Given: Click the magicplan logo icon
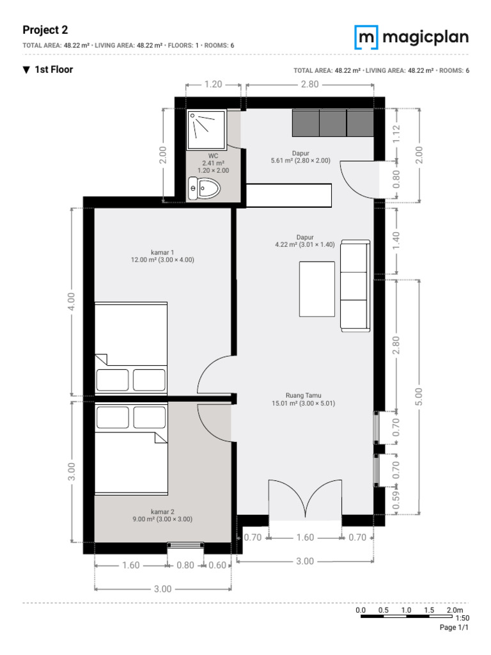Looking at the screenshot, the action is coord(366,37).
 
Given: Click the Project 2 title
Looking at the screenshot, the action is coord(45,30).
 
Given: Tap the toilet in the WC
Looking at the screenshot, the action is coord(204,189).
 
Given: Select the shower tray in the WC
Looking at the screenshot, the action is coord(207,129).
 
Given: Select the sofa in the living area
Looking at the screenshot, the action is coord(355,286).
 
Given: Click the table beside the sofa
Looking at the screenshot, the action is coord(317,289).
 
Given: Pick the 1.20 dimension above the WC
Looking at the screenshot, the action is coord(214,84).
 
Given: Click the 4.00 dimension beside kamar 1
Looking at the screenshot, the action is coord(72,301).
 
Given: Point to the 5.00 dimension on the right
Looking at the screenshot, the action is coord(419,397).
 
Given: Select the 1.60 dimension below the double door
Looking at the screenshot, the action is coord(305,537).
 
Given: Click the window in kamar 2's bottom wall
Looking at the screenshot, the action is coord(185,544).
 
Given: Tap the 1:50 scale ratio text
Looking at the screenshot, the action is coord(462,618).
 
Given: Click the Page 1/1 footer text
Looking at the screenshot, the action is coord(454,627).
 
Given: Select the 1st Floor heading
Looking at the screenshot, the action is coord(54,70).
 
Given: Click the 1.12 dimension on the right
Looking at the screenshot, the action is coord(396,134).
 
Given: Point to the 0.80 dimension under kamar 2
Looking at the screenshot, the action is coord(185,565).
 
